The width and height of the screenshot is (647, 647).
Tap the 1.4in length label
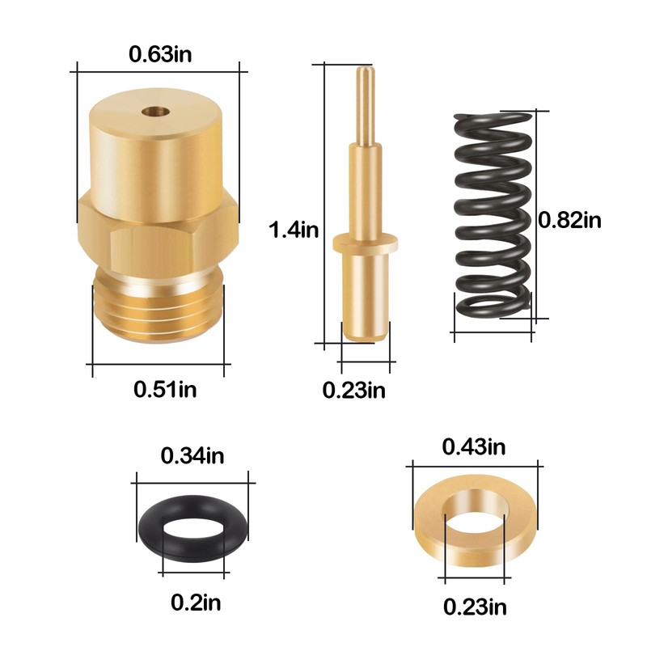pyautogui.click(x=294, y=230)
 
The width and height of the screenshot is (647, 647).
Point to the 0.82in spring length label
pyautogui.click(x=570, y=219)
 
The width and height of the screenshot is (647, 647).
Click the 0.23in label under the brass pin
pyautogui.click(x=354, y=390)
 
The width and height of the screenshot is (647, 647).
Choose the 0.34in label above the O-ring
pyautogui.click(x=192, y=455)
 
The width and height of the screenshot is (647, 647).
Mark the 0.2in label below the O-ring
pyautogui.click(x=196, y=602)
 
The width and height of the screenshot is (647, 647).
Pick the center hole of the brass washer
pyautogui.click(x=476, y=526)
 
